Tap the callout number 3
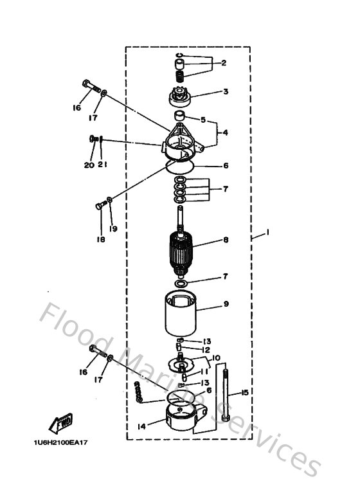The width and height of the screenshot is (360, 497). point(226,92)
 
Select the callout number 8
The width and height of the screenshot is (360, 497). point(226,240)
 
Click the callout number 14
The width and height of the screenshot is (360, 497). point(140,426)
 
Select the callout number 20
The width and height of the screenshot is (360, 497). point(89,165)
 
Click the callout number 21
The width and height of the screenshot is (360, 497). point(103,165)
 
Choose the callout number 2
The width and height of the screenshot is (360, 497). point(224,63)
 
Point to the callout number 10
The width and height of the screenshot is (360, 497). point(215,357)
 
